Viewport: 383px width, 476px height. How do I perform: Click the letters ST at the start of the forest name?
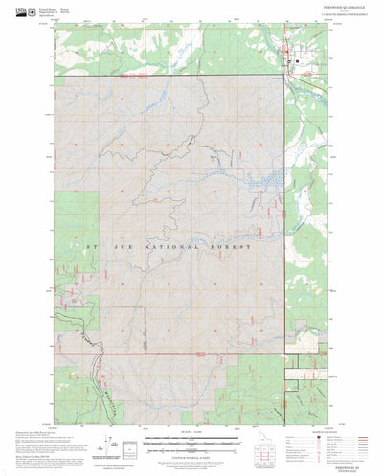click(x=93, y=247)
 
